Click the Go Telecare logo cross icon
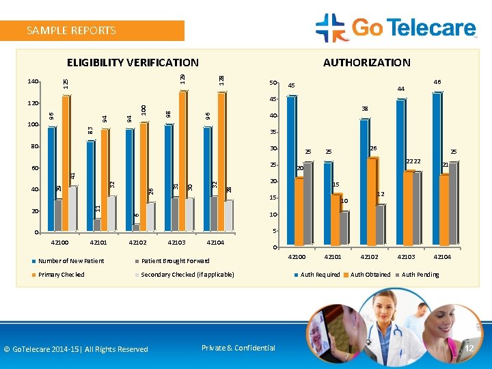[x=332, y=28]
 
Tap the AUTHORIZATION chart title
[x=366, y=63]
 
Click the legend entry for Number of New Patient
[x=70, y=261]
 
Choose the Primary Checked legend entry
[x=61, y=275]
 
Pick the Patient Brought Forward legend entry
[x=175, y=261]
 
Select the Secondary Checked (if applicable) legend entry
[x=187, y=275]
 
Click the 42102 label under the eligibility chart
[x=138, y=243]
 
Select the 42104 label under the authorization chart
[x=442, y=257]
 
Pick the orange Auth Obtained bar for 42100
[x=299, y=212]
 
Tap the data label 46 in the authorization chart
[x=437, y=82]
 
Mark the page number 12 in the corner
[x=469, y=349]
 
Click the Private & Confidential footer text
[x=238, y=348]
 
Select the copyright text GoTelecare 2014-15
[x=75, y=349]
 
